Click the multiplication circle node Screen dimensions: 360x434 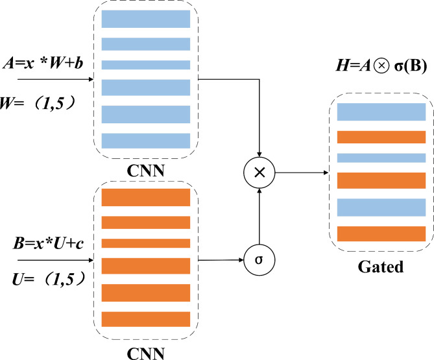coord(259,173)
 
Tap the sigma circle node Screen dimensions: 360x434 coord(259,259)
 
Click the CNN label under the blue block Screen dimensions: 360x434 coord(145,171)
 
